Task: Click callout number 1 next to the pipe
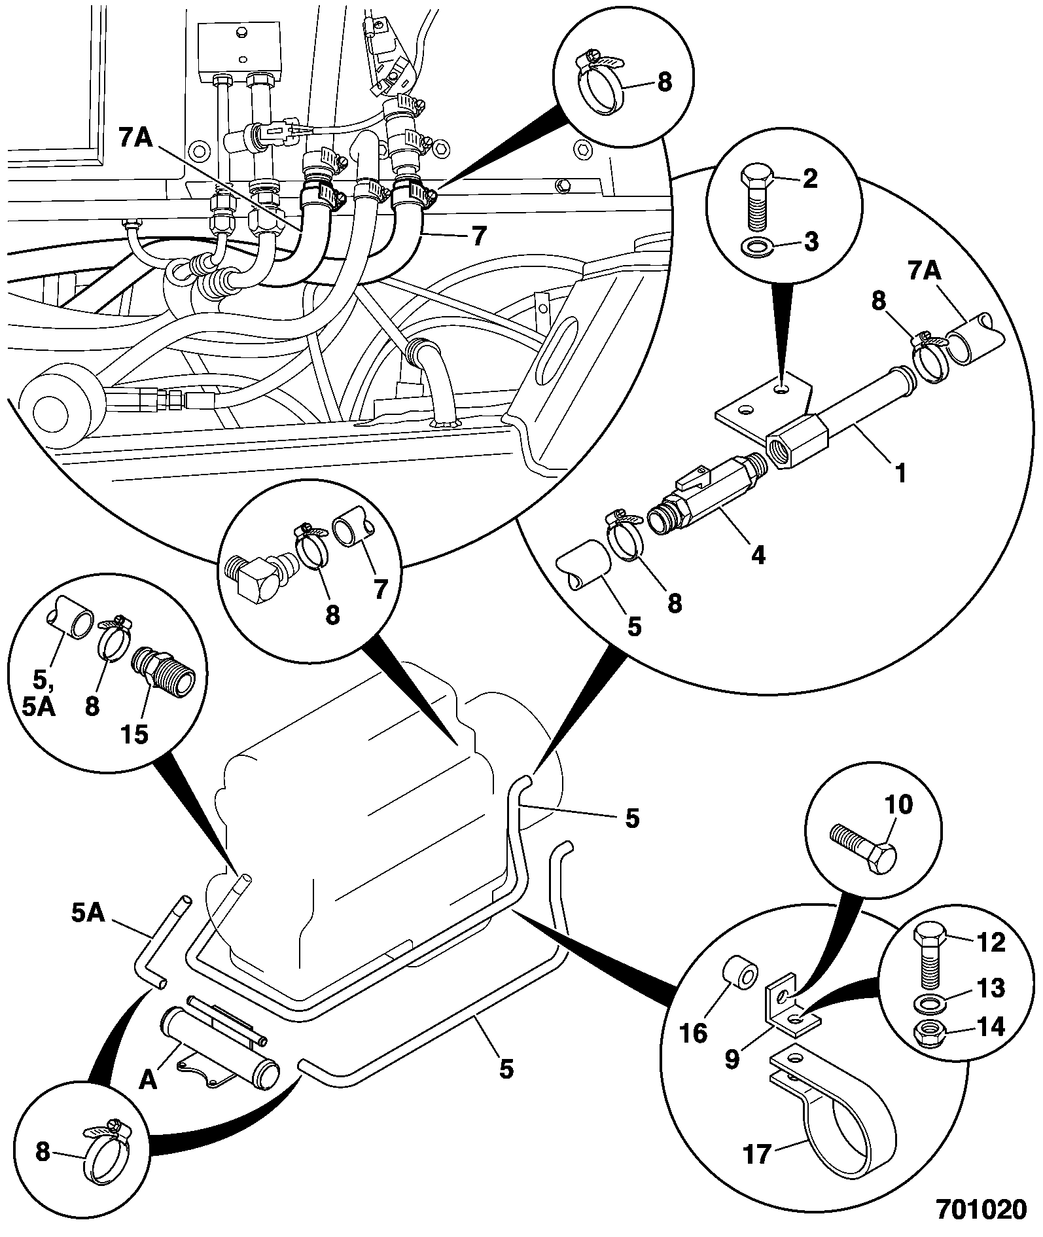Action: click(x=901, y=473)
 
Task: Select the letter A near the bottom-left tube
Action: click(x=149, y=1081)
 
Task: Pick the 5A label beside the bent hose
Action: click(x=88, y=913)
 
